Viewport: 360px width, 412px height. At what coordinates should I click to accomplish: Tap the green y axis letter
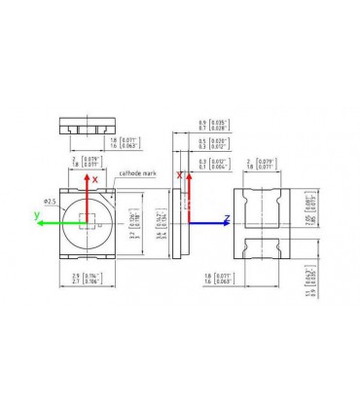coord(36,213)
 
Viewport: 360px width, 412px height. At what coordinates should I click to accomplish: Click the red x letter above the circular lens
coord(94,179)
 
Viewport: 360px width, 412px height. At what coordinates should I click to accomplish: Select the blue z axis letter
coord(227,217)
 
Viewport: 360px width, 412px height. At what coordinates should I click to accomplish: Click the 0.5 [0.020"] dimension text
coord(208,143)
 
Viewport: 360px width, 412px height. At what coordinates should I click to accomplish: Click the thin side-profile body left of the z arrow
coord(176,224)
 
